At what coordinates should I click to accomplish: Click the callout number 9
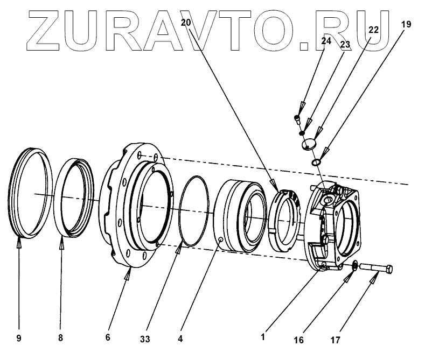point(19,338)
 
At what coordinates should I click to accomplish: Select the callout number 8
point(60,338)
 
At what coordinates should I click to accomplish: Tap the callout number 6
point(108,337)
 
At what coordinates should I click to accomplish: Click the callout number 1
point(262,337)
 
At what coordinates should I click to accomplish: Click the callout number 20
point(186,23)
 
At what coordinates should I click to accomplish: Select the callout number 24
point(326,40)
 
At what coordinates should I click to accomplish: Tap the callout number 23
point(345,46)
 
